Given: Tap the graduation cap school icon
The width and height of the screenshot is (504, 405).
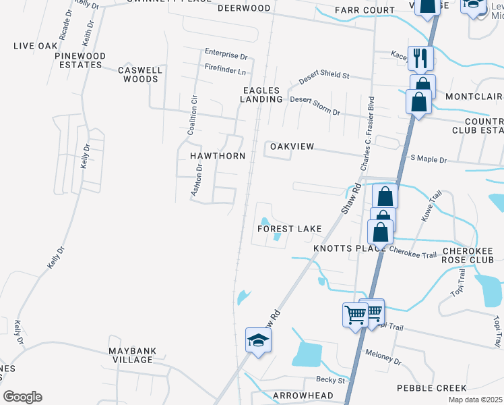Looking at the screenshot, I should tap(257, 340).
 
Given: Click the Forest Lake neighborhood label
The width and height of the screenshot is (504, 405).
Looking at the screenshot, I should tap(290, 229).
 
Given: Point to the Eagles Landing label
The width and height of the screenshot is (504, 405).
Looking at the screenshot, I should tap(262, 94).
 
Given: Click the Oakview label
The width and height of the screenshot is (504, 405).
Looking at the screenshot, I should tap(292, 146).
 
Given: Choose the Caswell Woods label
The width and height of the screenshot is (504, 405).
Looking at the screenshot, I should tap(137, 74).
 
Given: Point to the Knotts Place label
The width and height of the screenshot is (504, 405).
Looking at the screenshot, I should tap(344, 248).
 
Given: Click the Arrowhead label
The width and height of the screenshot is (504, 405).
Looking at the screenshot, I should tap(303, 395).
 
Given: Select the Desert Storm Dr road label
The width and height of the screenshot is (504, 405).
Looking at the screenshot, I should tap(315, 105).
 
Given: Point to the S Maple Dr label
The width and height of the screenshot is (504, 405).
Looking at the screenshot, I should tap(429, 159).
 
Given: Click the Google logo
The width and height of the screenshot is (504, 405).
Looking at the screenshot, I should tap(22, 397).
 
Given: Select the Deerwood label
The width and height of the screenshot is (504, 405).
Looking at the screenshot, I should tap(243, 8).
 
